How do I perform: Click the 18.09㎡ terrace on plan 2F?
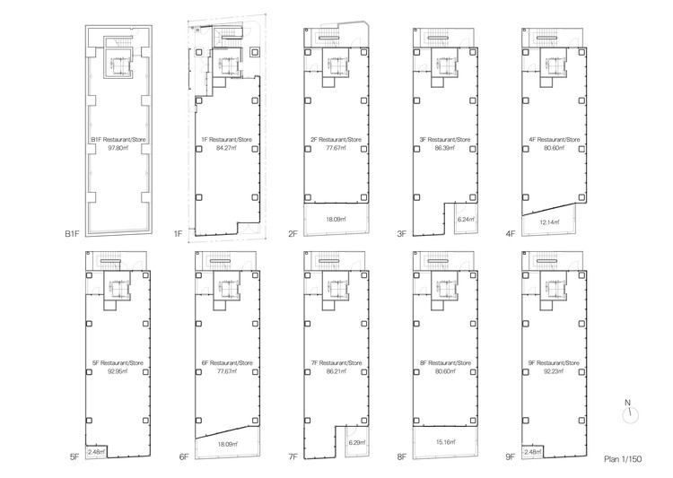click(x=336, y=218)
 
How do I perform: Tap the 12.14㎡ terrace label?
click(x=549, y=222)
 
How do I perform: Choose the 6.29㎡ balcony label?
click(x=356, y=442)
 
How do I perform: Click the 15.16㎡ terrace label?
click(x=444, y=442)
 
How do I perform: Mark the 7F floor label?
click(x=292, y=456)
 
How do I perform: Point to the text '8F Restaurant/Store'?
click(x=443, y=361)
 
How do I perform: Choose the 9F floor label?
click(x=510, y=456)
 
